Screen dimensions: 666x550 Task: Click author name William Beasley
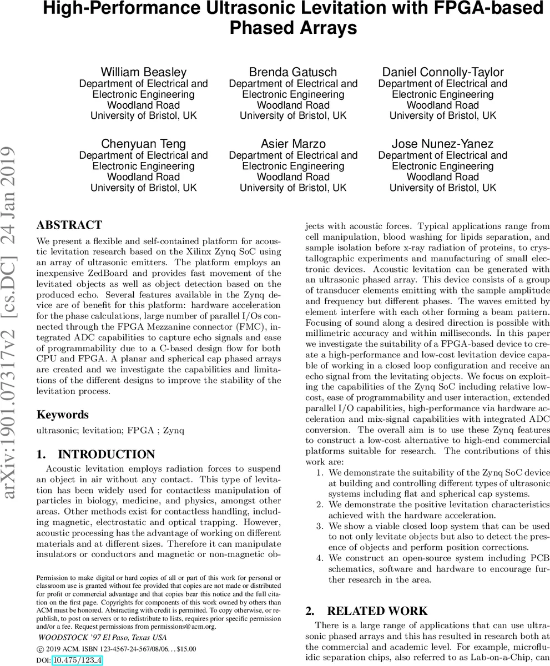coord(143,72)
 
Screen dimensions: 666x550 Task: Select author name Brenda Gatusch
coord(293,72)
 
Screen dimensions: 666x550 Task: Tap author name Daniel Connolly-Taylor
coord(443,72)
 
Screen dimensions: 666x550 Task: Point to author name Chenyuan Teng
coord(143,144)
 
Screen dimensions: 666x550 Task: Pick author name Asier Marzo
coord(293,144)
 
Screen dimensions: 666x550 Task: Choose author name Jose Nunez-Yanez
coord(443,144)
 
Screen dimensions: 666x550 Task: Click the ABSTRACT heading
coord(69,225)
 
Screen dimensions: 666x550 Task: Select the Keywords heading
coord(62,415)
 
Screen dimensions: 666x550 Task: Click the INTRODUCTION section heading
coord(96,455)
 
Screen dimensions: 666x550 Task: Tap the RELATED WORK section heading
coord(367,611)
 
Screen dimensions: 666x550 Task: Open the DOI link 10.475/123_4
coord(77,660)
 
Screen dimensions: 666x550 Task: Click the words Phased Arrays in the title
coord(293,28)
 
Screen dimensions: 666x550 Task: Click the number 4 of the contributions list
coord(320,558)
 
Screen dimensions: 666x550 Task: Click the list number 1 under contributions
coord(320,473)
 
